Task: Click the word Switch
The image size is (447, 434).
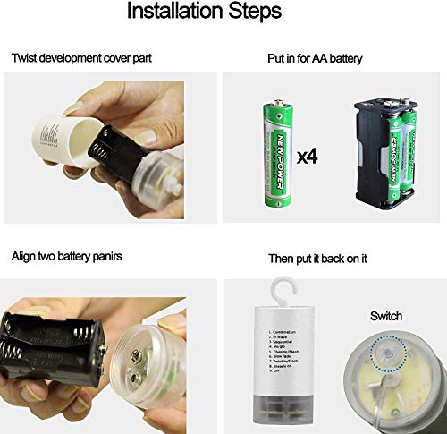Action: pos(385,316)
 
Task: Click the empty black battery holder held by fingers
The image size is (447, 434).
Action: pos(54,345)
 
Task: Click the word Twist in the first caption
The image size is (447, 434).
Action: pos(25,59)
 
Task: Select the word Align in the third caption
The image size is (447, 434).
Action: pos(24,257)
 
